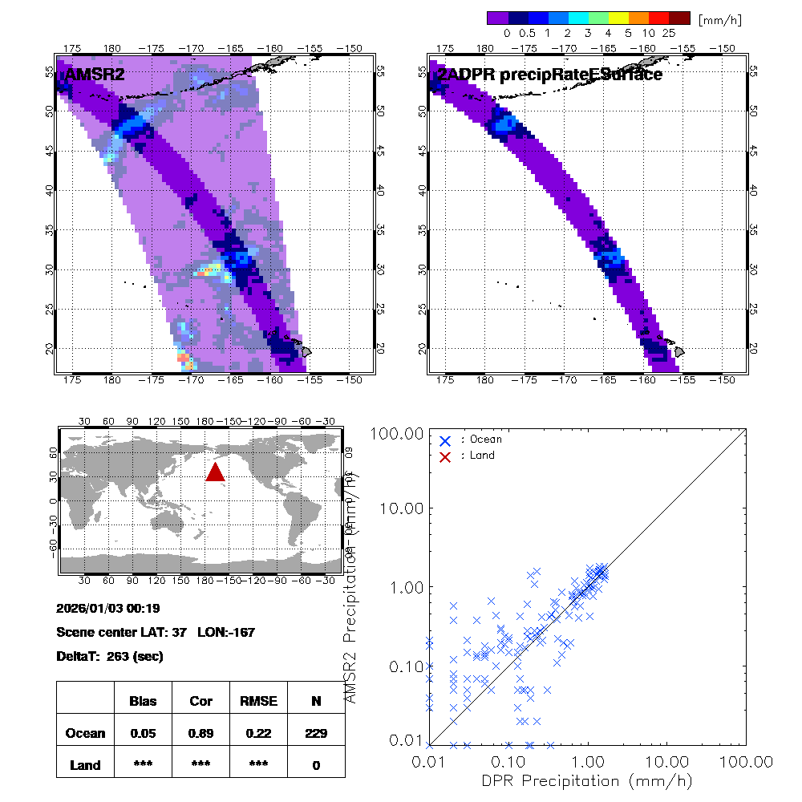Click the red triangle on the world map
[x=215, y=472]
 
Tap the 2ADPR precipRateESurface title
[x=549, y=75]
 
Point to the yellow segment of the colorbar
[x=618, y=17]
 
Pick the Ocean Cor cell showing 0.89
[x=200, y=733]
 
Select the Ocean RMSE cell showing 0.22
[x=258, y=733]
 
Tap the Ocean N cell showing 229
[x=316, y=733]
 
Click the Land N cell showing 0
[x=316, y=765]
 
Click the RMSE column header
[x=258, y=701]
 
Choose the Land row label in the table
[x=85, y=765]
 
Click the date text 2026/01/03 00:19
[x=108, y=608]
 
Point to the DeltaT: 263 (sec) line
[x=110, y=656]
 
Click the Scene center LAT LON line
[x=156, y=632]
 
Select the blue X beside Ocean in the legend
[x=445, y=439]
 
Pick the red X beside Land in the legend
[x=445, y=456]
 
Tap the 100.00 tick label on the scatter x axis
[x=747, y=760]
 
